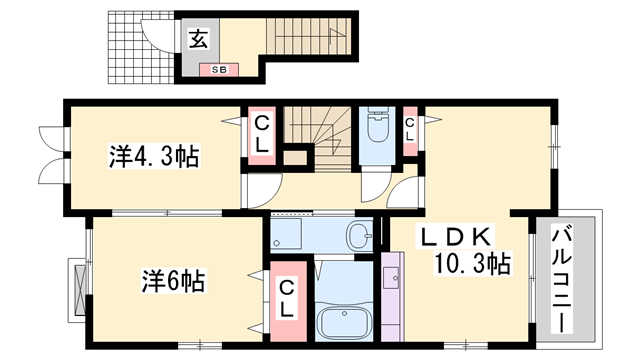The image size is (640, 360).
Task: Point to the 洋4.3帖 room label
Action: click(x=154, y=156)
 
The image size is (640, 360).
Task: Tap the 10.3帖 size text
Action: click(x=472, y=264)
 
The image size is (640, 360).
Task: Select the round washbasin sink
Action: click(x=358, y=236)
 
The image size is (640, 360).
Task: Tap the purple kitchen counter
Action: click(x=394, y=299)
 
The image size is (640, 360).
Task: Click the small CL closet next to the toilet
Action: click(x=409, y=128)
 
